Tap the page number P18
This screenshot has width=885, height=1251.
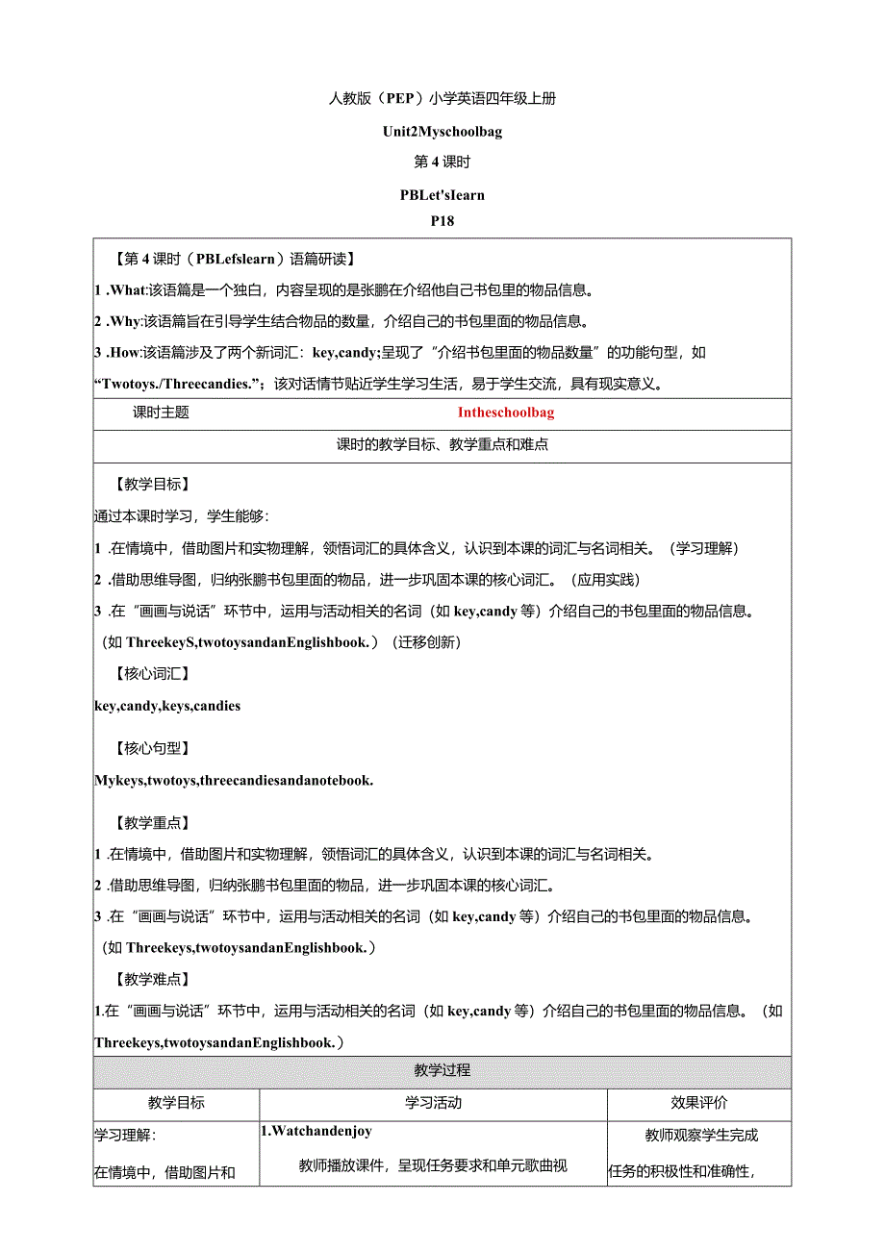pyautogui.click(x=442, y=221)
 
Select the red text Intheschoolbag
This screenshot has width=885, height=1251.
pyautogui.click(x=506, y=413)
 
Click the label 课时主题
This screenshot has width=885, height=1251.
pyautogui.click(x=161, y=413)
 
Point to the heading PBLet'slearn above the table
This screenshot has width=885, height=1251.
pyautogui.click(x=442, y=194)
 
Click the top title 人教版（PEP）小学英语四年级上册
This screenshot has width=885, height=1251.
pyautogui.click(x=442, y=97)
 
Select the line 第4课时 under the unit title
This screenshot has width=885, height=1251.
pyautogui.click(x=442, y=162)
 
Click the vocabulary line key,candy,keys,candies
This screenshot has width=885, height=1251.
pyautogui.click(x=167, y=706)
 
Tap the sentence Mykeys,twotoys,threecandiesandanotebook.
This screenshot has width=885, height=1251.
pyautogui.click(x=234, y=780)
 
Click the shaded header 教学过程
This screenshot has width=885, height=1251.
pyautogui.click(x=442, y=1070)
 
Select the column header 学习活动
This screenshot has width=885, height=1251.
pyautogui.click(x=433, y=1103)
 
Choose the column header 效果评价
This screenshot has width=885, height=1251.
pyautogui.click(x=699, y=1103)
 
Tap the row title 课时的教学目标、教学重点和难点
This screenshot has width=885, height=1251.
pyautogui.click(x=442, y=445)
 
